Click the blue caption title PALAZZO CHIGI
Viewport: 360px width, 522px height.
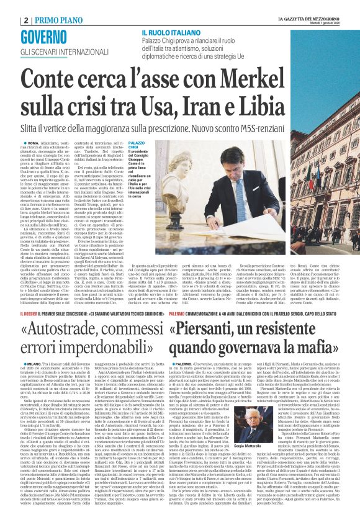137,146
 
